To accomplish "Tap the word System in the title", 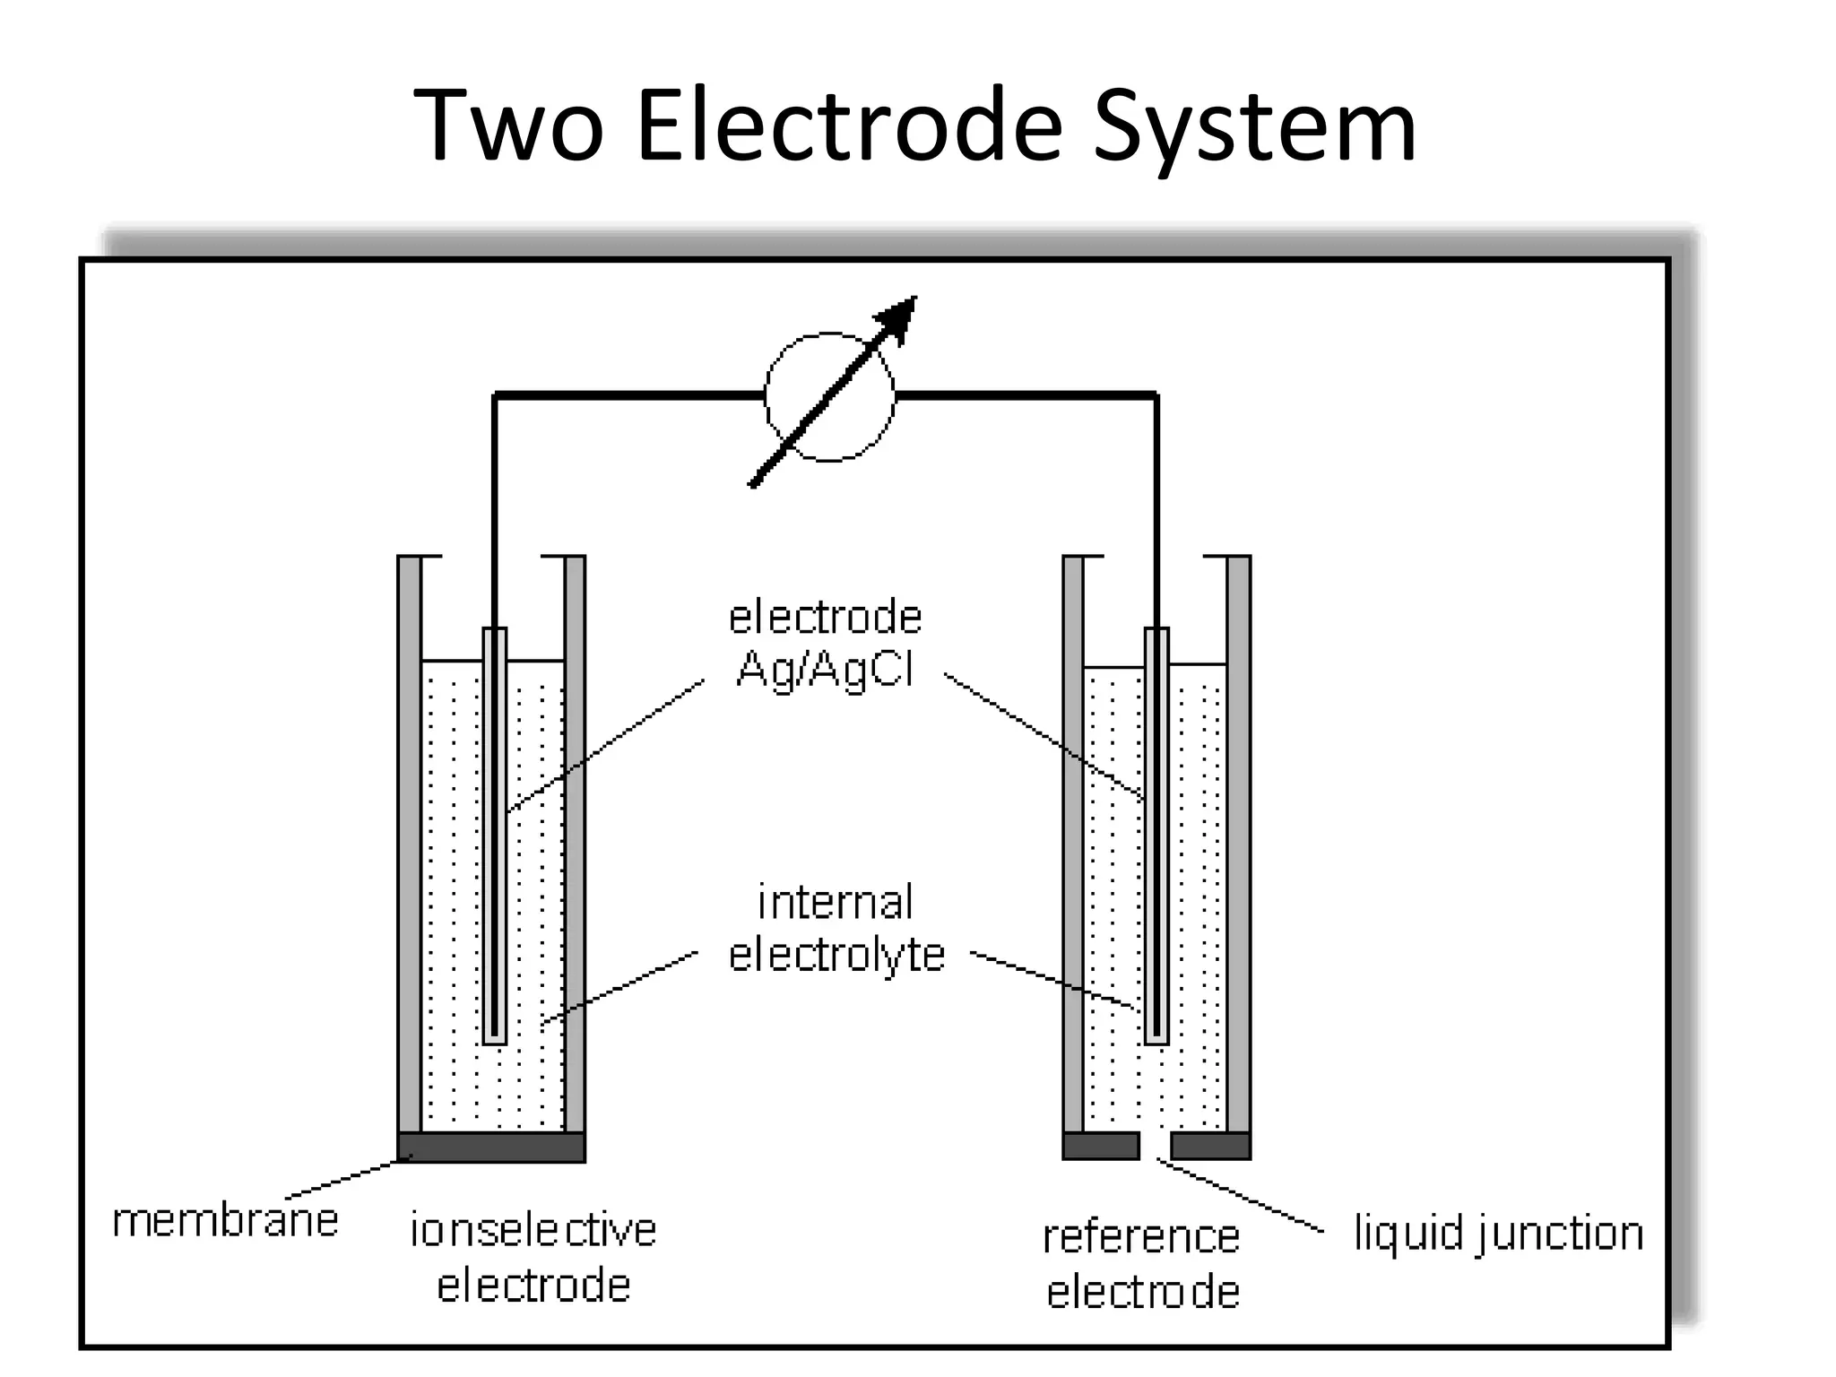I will click(x=1255, y=127).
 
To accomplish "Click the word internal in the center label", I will click(x=836, y=902).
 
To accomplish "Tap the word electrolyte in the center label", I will click(x=836, y=954).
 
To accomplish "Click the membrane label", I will click(x=225, y=1221).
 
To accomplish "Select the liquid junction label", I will click(x=1498, y=1234).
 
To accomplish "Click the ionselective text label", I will click(x=533, y=1230).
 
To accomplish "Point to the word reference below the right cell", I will click(x=1141, y=1237).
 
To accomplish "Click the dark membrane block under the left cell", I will click(x=491, y=1147).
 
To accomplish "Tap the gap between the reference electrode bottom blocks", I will click(x=1156, y=1146).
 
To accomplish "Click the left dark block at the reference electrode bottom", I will click(x=1101, y=1146).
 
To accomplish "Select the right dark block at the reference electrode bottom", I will click(x=1210, y=1146).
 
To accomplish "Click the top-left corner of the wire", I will click(x=495, y=394).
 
